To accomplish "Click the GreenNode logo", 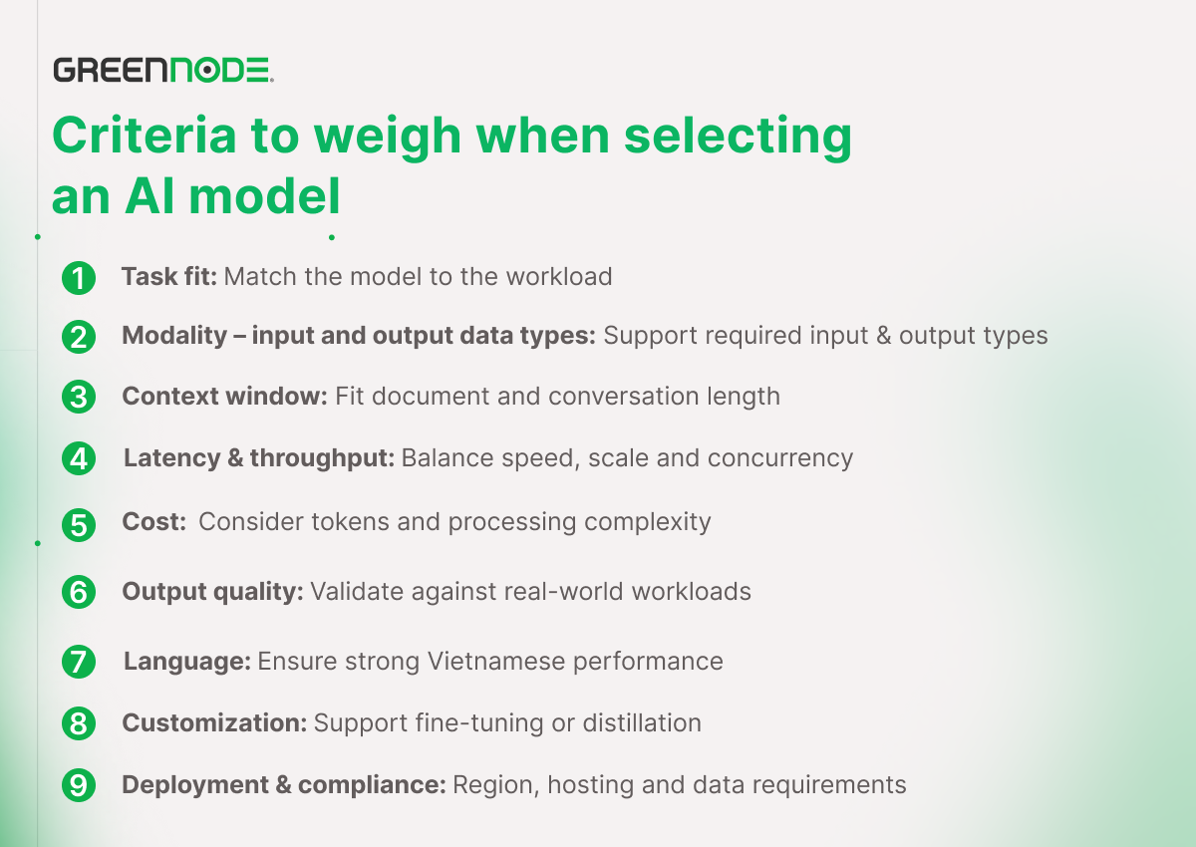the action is pos(163,70).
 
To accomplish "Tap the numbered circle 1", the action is pos(79,278).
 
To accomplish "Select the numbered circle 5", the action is pos(79,524).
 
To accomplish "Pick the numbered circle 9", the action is pos(79,784).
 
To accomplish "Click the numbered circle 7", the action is pos(79,662).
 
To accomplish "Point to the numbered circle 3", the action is pos(79,397).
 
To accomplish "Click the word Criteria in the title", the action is pos(145,136).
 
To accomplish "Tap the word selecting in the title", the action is pos(738,138).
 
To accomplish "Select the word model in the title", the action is pos(265,195).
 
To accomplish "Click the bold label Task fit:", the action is pos(169,276).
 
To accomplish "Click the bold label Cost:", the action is pos(153,521).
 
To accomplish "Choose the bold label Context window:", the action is pos(225,396).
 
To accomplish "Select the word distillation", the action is pos(642,722).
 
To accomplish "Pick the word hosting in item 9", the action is pos(590,785).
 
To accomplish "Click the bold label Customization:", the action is pos(214,722).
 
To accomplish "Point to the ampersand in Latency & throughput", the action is pos(235,458).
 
